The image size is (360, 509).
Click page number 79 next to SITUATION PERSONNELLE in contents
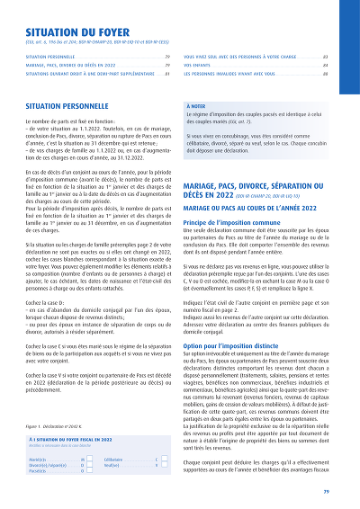point(168,56)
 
